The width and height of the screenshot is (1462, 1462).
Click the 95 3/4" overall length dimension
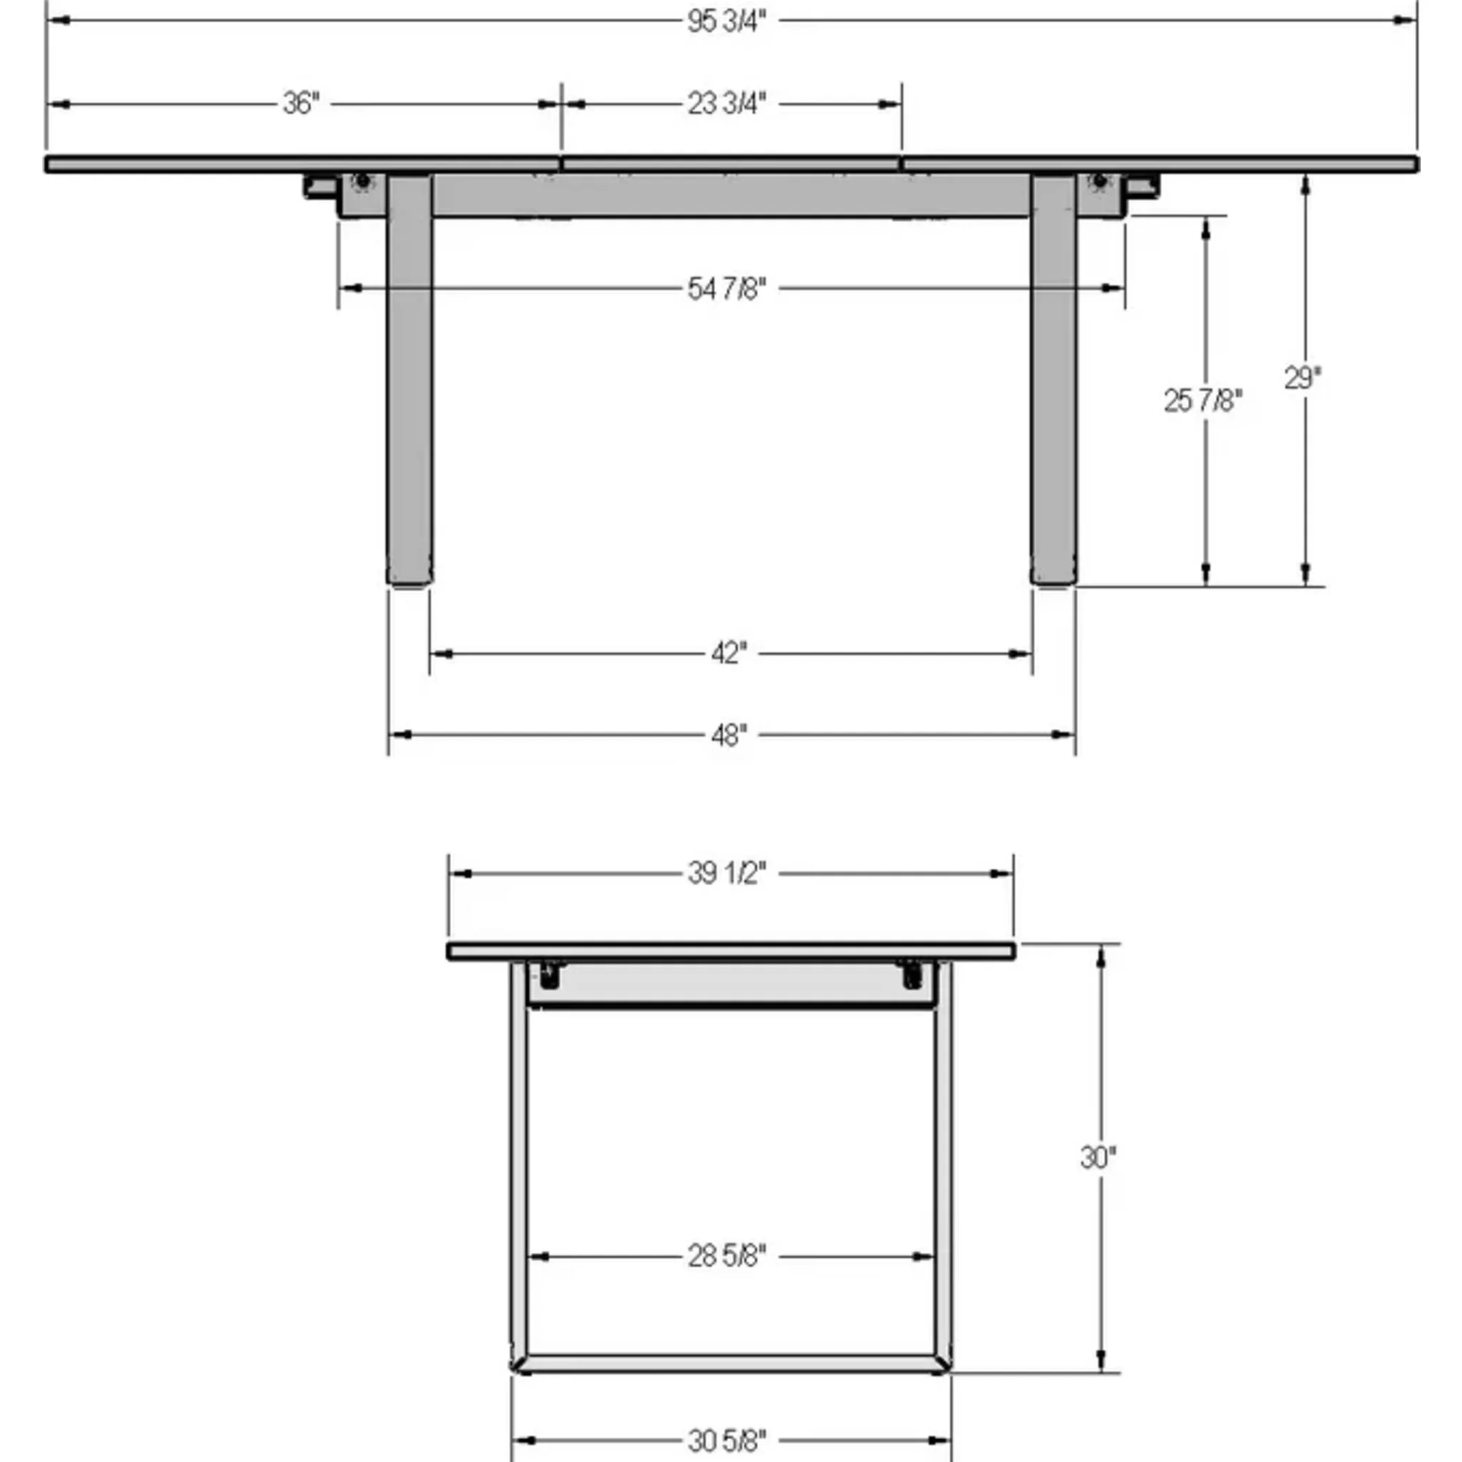[x=727, y=22]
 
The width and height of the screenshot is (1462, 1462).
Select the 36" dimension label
[x=301, y=104]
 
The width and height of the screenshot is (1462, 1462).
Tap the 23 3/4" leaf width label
[x=727, y=104]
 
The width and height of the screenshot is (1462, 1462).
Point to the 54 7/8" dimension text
[x=727, y=288]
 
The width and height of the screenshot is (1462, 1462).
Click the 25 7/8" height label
[x=1202, y=401]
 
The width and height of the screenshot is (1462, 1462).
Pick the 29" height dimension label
[x=1302, y=378]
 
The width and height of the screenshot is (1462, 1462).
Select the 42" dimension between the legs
[x=729, y=653]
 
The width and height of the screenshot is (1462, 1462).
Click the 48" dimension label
[x=729, y=735]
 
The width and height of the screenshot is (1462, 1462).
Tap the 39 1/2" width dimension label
[x=727, y=874]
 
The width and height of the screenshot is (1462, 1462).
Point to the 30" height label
[x=1098, y=1157]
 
